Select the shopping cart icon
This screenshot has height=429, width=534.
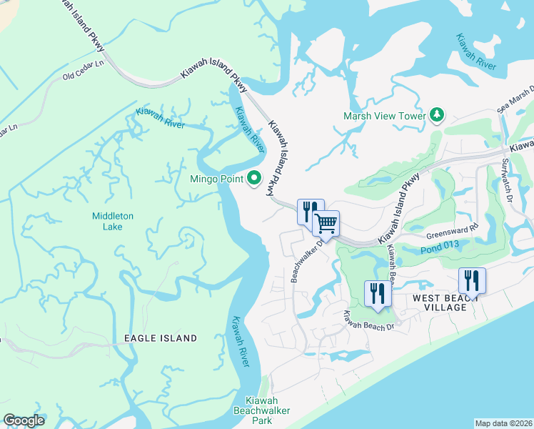pyautogui.click(x=326, y=222)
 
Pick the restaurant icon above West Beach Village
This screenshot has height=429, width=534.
pyautogui.click(x=472, y=280)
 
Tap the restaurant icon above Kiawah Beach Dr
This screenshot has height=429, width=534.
pyautogui.click(x=378, y=292)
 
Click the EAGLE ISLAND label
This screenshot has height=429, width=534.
pyautogui.click(x=161, y=337)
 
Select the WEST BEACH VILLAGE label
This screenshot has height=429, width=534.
pyautogui.click(x=449, y=302)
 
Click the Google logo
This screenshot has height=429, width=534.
pyautogui.click(x=24, y=420)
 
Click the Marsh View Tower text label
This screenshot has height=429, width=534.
pyautogui.click(x=384, y=115)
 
